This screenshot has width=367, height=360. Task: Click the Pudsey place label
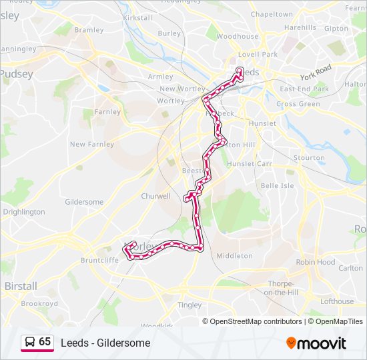(17, 74)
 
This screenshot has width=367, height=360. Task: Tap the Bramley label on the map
(89, 30)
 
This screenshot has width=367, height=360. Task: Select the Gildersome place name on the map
(84, 202)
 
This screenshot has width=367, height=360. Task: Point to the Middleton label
(235, 255)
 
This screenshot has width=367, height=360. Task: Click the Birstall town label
(21, 285)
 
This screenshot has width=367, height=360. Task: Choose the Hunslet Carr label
(250, 163)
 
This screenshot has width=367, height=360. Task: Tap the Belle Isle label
(277, 185)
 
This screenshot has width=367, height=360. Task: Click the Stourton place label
(310, 158)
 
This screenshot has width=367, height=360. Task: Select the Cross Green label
(298, 104)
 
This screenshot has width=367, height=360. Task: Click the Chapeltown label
(271, 14)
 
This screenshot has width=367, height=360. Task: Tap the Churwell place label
(155, 196)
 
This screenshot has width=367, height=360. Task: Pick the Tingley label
(190, 305)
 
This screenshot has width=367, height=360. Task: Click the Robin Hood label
(316, 262)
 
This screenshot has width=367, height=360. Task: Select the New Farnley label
(92, 144)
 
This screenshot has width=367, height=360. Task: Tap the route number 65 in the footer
(45, 342)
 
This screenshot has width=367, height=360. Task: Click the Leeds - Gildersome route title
(105, 343)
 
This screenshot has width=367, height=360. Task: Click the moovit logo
(316, 343)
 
